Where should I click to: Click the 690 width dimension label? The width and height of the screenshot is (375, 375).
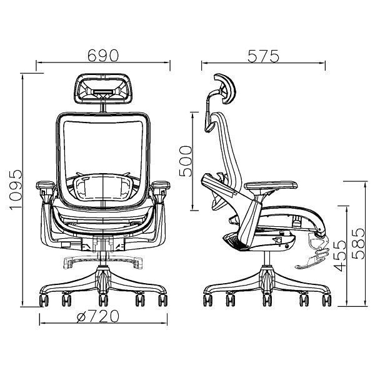coord(103,56)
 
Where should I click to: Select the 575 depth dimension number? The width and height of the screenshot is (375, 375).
coord(263,56)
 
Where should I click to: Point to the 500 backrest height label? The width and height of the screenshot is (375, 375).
coord(186,161)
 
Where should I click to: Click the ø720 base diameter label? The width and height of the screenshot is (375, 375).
coord(98,316)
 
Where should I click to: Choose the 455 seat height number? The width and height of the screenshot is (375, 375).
coord(340,256)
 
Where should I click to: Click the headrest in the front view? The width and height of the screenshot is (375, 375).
coord(103,89)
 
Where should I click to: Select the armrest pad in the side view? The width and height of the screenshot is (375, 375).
coord(271,186)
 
